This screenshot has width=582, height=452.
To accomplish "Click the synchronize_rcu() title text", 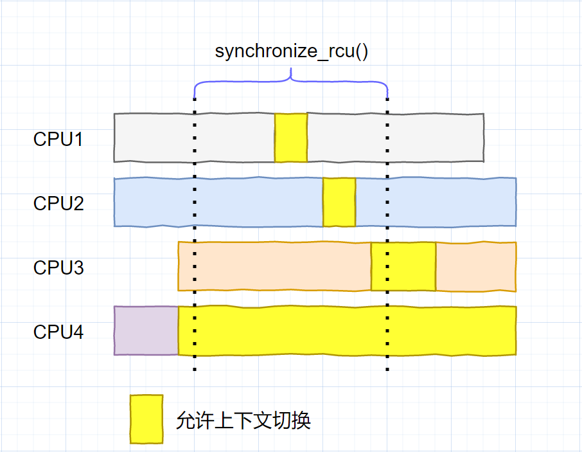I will [x=291, y=51].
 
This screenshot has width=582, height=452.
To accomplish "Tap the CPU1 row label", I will [x=58, y=139].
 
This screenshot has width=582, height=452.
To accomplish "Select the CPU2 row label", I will [x=58, y=203].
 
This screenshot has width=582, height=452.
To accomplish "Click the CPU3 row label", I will [x=58, y=267].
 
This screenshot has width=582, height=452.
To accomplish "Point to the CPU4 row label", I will [x=58, y=332].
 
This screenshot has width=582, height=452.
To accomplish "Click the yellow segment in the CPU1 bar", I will [x=291, y=138].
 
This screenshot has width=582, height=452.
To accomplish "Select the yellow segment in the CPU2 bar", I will [x=339, y=203].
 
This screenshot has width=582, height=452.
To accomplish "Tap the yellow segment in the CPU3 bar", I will [x=403, y=266].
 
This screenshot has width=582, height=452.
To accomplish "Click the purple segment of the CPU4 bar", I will [x=146, y=330].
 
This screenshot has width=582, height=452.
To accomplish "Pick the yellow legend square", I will [x=146, y=419].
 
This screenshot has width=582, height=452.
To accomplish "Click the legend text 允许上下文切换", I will [x=243, y=420].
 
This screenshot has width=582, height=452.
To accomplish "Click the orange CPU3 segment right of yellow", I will [x=476, y=266].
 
